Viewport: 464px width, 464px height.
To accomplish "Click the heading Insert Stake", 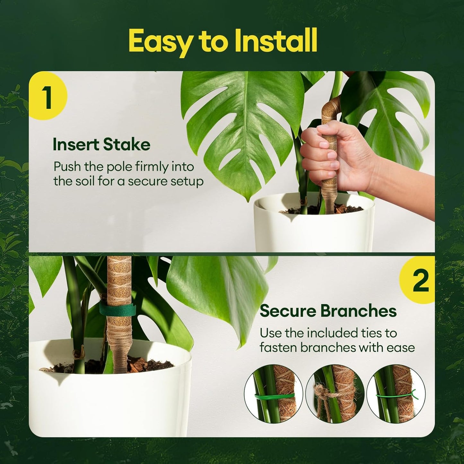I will [101, 144].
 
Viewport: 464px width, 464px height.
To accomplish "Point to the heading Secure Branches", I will [328, 311].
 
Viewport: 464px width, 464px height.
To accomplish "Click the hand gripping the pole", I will [334, 154].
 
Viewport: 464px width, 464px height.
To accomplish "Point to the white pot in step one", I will [315, 228].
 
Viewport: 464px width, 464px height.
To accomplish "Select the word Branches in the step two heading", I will [358, 311].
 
